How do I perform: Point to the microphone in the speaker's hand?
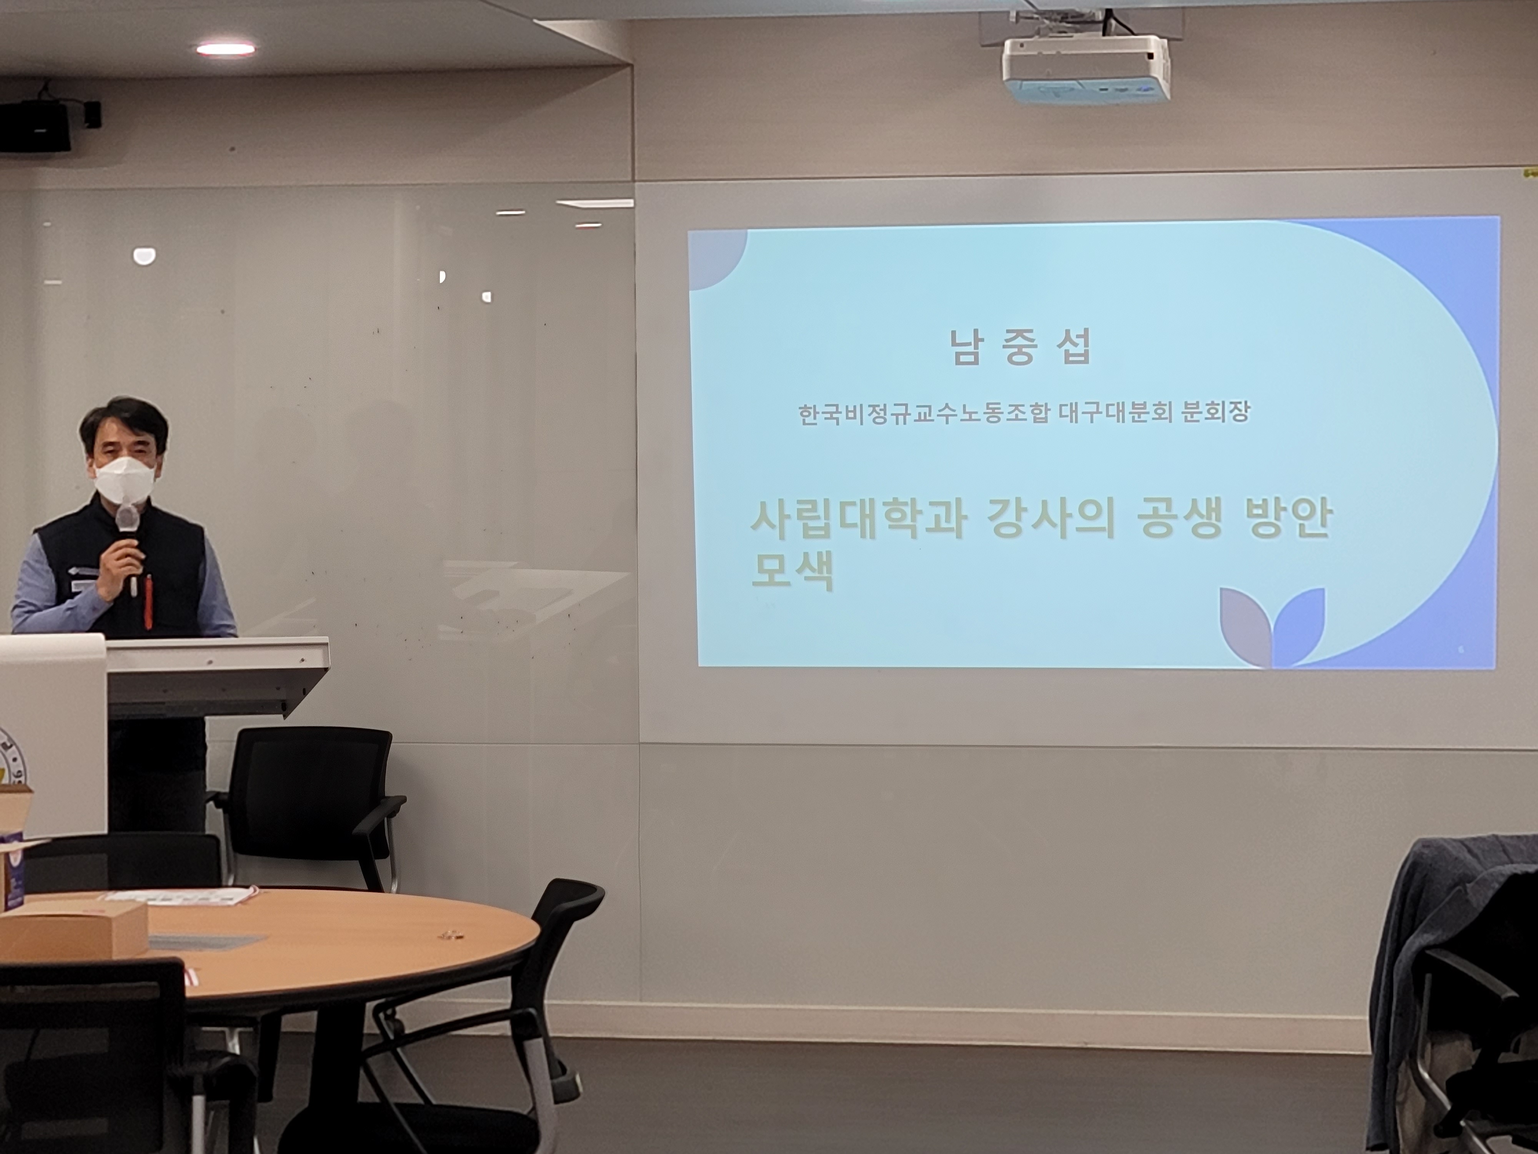(127, 547)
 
